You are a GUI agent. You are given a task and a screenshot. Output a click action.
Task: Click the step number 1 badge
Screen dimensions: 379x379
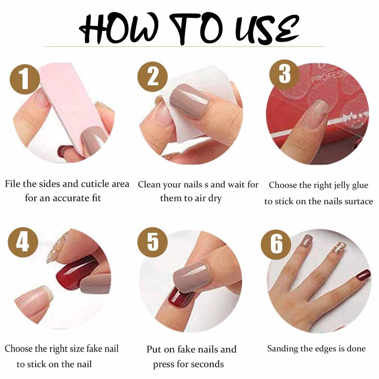pyautogui.click(x=23, y=79)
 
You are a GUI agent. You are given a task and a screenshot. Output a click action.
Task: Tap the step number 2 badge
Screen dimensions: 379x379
pyautogui.click(x=153, y=76)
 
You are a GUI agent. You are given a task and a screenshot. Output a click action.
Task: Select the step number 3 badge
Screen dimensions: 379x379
pyautogui.click(x=284, y=75)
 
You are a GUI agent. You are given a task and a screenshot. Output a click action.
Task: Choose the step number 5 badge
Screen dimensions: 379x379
pyautogui.click(x=153, y=242)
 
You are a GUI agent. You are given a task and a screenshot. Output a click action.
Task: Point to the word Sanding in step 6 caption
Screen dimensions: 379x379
pyautogui.click(x=282, y=349)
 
